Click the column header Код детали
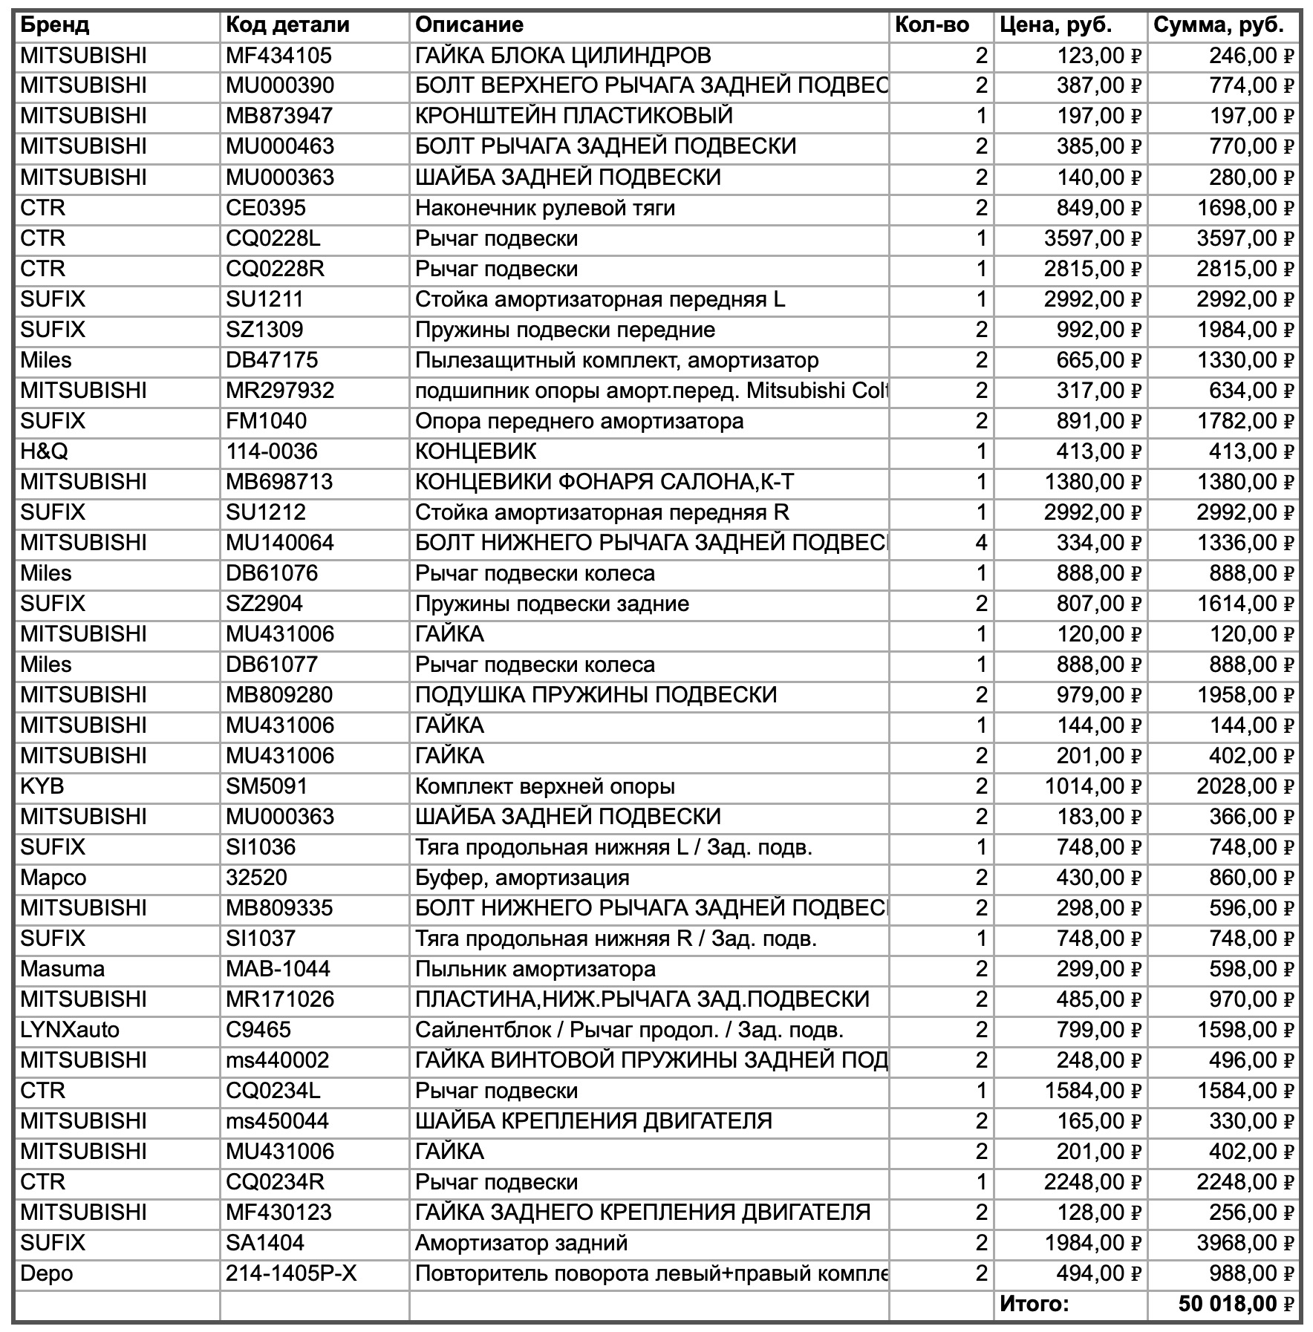point(287,25)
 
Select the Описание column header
point(469,25)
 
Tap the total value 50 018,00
point(1235,1304)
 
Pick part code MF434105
point(278,56)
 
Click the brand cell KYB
point(42,786)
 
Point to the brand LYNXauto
point(70,1030)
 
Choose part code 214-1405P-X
point(291,1273)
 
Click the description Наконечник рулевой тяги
point(545,208)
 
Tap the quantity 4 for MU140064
point(981,543)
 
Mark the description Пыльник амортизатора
point(535,969)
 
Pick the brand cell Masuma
point(62,969)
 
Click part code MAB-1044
point(278,969)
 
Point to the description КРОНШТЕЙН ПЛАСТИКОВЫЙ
point(574,117)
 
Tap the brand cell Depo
point(47,1273)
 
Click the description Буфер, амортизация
point(522,878)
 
